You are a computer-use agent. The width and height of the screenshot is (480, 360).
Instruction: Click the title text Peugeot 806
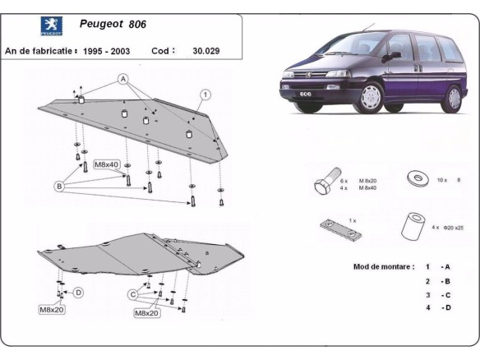[113, 25]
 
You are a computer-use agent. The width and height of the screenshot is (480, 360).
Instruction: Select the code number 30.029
[207, 50]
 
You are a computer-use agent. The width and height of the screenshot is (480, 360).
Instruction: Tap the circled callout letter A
[123, 80]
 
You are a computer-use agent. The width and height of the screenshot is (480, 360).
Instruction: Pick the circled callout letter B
[59, 187]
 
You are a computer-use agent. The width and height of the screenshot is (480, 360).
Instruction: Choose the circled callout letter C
[132, 294]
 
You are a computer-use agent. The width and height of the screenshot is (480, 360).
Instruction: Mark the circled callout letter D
[78, 292]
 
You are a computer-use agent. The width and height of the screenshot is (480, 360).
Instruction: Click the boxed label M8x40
[107, 164]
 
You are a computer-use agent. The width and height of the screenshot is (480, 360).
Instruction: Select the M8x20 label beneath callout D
[52, 310]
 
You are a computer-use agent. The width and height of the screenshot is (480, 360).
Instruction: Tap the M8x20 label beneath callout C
[146, 313]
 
